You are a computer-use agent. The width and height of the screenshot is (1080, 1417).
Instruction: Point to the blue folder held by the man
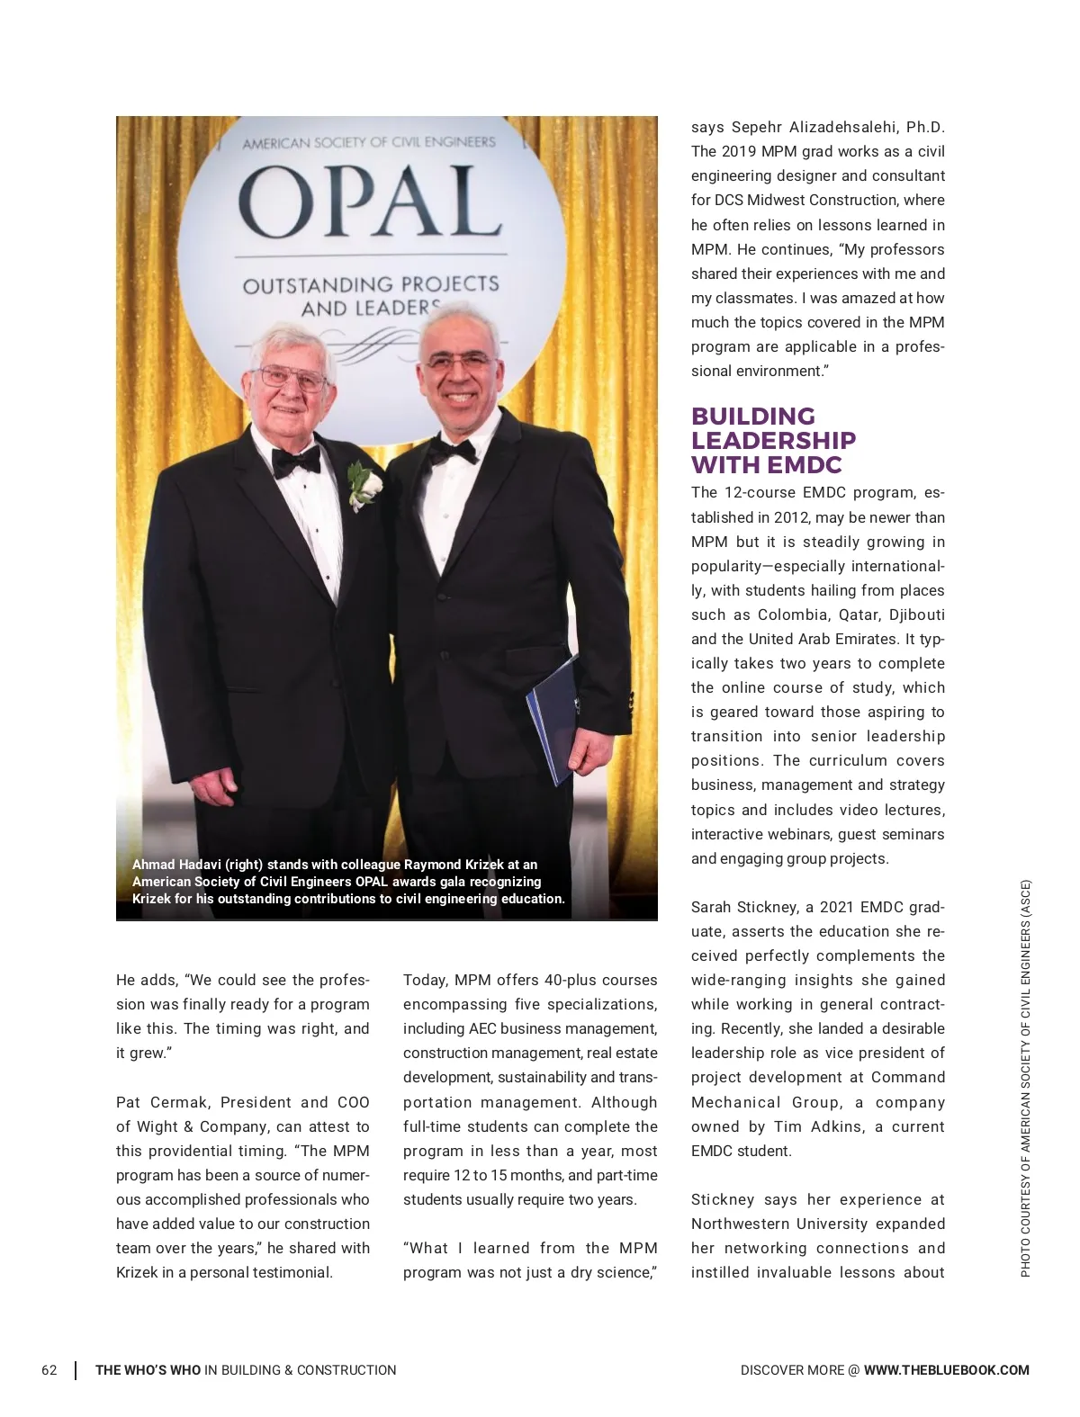coord(553,720)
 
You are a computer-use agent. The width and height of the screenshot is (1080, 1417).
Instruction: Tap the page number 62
coord(49,1370)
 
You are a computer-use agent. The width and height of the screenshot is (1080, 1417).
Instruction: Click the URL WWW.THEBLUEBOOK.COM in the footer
coord(946,1370)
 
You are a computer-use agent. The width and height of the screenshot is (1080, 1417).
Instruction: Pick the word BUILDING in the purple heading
coord(752,417)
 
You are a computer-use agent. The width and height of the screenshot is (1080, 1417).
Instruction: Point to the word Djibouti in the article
coord(916,615)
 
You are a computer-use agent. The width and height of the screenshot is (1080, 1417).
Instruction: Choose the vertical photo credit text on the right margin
coord(1025,1078)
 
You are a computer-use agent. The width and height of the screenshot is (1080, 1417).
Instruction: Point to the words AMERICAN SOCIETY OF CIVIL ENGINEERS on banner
coord(368,142)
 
